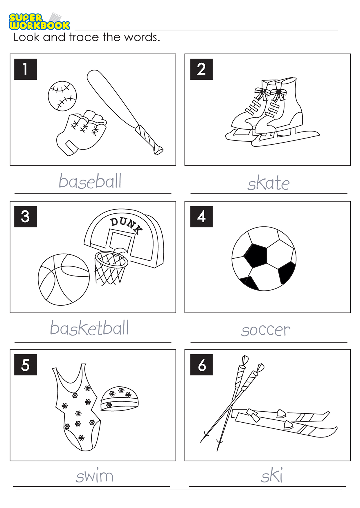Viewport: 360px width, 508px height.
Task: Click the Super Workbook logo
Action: pyautogui.click(x=39, y=21)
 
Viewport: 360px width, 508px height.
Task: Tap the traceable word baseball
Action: pyautogui.click(x=90, y=181)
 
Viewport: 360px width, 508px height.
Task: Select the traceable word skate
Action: pyautogui.click(x=269, y=183)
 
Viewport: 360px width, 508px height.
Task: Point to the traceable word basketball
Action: pyautogui.click(x=89, y=328)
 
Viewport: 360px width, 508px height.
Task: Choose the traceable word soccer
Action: pyautogui.click(x=266, y=330)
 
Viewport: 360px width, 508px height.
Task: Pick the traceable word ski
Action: pyautogui.click(x=272, y=475)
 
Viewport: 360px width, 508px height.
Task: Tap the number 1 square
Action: pyautogui.click(x=26, y=69)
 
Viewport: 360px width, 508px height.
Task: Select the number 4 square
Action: pyautogui.click(x=201, y=217)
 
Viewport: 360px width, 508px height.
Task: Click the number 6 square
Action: pyautogui.click(x=201, y=365)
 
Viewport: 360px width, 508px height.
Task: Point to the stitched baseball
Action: pyautogui.click(x=62, y=96)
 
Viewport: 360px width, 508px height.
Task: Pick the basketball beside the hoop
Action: pyautogui.click(x=64, y=280)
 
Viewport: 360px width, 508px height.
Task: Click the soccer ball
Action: pyautogui.click(x=264, y=259)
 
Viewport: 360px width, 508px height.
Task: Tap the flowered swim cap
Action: pyautogui.click(x=120, y=399)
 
